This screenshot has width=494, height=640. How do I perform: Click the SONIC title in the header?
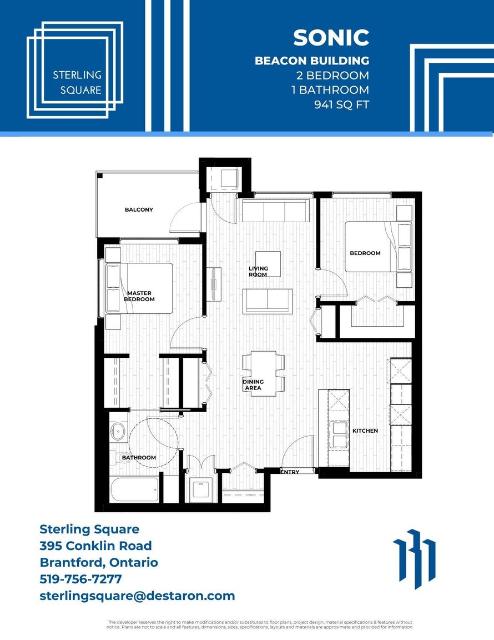(x=331, y=38)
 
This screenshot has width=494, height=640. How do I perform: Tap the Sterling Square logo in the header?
(x=75, y=70)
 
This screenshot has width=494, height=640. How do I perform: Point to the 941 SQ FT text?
(x=341, y=105)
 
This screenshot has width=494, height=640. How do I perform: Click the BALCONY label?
(x=139, y=209)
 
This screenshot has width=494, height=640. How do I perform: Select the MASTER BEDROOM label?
(x=139, y=296)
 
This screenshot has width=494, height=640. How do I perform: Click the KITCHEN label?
(x=365, y=431)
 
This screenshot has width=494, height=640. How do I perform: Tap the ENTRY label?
(x=290, y=472)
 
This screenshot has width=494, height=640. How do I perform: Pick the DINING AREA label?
(x=253, y=384)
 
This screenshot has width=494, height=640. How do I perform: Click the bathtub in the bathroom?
(x=134, y=489)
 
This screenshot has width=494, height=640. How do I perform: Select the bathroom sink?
(x=118, y=432)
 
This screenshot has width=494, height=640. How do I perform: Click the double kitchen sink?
(x=339, y=434)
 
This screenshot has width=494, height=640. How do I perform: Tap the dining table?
(x=263, y=373)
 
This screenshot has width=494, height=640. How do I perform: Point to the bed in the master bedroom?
(x=139, y=288)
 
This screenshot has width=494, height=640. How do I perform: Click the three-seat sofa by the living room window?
(x=275, y=211)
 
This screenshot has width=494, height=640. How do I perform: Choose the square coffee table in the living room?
(x=268, y=264)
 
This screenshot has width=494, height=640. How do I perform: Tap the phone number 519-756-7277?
(x=81, y=579)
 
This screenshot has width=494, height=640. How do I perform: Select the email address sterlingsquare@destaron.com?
(x=137, y=596)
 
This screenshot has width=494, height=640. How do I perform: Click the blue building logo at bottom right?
(x=414, y=559)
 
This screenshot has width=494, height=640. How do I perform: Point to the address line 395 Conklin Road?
(x=96, y=546)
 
